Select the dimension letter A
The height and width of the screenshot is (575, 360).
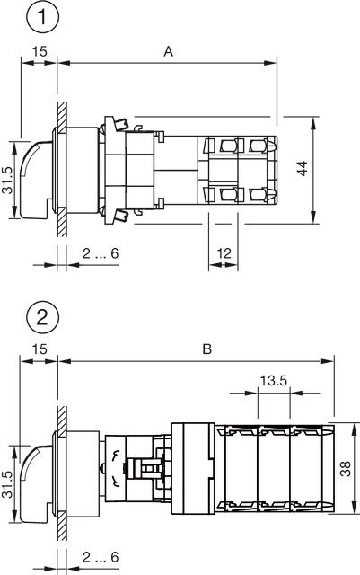[168, 52]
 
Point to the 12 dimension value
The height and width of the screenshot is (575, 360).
[223, 255]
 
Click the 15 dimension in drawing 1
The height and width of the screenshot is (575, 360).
[36, 52]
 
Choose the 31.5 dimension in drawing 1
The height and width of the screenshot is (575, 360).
[7, 179]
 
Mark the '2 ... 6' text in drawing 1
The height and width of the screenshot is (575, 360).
[101, 254]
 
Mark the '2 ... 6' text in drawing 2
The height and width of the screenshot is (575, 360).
[101, 557]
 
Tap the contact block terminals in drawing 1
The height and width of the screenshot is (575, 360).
[237, 170]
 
